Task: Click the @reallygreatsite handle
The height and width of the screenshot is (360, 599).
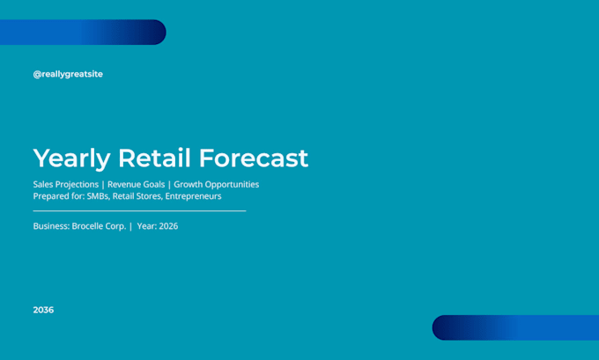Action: click(x=68, y=74)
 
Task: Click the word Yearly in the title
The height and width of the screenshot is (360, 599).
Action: click(x=72, y=158)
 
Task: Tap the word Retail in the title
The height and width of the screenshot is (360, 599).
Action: click(x=154, y=158)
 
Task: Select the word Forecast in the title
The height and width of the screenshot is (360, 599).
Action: click(x=254, y=158)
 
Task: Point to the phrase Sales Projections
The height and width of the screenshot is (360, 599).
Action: click(x=66, y=184)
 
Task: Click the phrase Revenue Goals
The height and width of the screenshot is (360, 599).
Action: click(x=136, y=184)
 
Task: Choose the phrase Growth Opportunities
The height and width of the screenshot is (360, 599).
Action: click(x=216, y=184)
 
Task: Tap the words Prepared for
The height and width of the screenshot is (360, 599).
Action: click(x=59, y=196)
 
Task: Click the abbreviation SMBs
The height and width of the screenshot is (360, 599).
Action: click(x=98, y=196)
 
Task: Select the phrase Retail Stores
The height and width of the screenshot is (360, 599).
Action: click(x=137, y=196)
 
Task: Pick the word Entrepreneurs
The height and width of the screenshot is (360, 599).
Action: click(x=193, y=196)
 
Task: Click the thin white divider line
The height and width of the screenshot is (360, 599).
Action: click(x=139, y=210)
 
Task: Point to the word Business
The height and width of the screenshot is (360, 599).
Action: click(x=52, y=226)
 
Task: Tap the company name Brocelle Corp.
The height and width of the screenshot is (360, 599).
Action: click(x=99, y=226)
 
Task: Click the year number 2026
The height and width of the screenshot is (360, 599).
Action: click(x=168, y=226)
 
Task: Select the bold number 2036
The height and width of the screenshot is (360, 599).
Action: click(x=43, y=310)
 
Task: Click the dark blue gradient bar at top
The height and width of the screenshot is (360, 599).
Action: click(x=83, y=32)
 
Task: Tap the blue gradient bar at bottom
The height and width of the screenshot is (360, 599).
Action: click(x=515, y=327)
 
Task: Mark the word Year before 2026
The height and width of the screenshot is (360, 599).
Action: click(x=146, y=226)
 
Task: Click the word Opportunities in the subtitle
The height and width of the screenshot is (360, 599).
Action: click(x=232, y=184)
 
